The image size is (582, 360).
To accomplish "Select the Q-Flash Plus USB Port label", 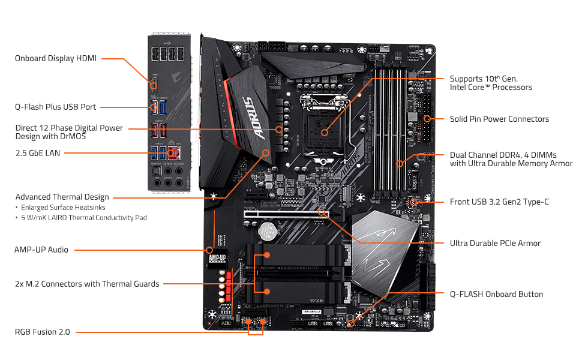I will coord(55,107).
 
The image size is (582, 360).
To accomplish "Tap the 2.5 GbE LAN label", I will coord(38,153).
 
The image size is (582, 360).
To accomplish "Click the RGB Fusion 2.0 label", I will coord(43,331).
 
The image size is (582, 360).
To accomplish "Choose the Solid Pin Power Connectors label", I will coord(499,119).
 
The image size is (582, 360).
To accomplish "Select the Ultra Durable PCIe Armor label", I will coord(495,243).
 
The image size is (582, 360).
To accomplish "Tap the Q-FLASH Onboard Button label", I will coord(496,294).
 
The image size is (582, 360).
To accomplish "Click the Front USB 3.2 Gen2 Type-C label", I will coord(499,202).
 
